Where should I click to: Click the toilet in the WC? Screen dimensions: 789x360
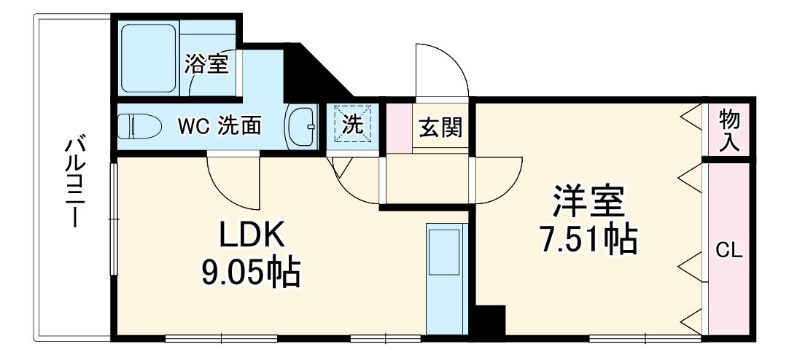tap(140, 125)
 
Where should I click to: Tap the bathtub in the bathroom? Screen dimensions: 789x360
tap(149, 58)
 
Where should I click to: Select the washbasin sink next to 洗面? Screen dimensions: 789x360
tap(301, 127)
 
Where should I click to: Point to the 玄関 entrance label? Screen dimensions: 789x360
tap(440, 128)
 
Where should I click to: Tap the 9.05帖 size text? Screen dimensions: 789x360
tap(251, 272)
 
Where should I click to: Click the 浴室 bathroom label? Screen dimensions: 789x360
tap(206, 64)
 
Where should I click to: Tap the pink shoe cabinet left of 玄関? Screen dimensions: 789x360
tap(399, 128)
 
